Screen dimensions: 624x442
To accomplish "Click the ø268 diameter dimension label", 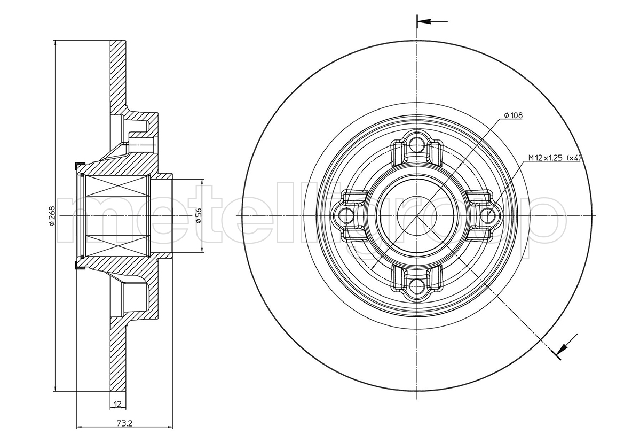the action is [51, 215].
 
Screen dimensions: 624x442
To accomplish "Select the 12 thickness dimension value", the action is [117, 404].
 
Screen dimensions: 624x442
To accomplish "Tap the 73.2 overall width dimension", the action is [125, 423].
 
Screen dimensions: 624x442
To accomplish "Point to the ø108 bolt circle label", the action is [513, 115].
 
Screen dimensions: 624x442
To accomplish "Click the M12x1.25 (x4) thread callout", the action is [555, 158].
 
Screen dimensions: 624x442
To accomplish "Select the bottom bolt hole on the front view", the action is [416, 284].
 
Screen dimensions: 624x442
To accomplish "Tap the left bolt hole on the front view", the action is [346, 215].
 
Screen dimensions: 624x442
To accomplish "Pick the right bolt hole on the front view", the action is [487, 215].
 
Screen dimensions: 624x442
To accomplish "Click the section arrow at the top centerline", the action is [432, 21].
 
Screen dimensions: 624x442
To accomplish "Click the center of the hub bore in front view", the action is [416, 215].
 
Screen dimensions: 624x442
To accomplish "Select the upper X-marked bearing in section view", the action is [118, 186].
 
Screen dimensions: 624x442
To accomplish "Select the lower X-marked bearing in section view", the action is [118, 245].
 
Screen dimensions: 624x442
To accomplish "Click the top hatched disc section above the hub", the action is [118, 76].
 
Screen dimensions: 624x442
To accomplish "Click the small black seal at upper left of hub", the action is [79, 164].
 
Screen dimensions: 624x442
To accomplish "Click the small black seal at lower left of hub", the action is [79, 266].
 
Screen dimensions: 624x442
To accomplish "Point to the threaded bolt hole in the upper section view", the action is [141, 143].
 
